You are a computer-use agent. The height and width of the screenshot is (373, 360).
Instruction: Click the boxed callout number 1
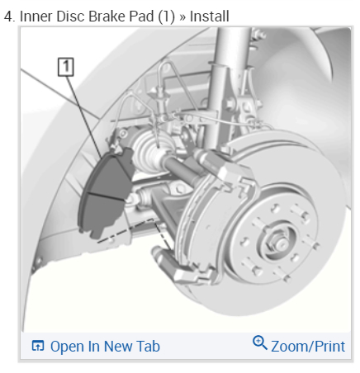coord(66,67)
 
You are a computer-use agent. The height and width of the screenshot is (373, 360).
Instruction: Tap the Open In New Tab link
coord(105,346)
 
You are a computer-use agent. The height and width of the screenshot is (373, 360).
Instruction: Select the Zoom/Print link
coord(308,346)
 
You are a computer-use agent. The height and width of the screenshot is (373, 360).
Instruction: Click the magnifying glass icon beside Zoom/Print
coord(260,342)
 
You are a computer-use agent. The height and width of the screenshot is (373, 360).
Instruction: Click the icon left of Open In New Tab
coord(38,346)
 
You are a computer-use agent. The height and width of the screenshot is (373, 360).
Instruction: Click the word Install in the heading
coord(210,17)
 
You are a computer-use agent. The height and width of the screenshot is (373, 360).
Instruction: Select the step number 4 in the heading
coord(9,17)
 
